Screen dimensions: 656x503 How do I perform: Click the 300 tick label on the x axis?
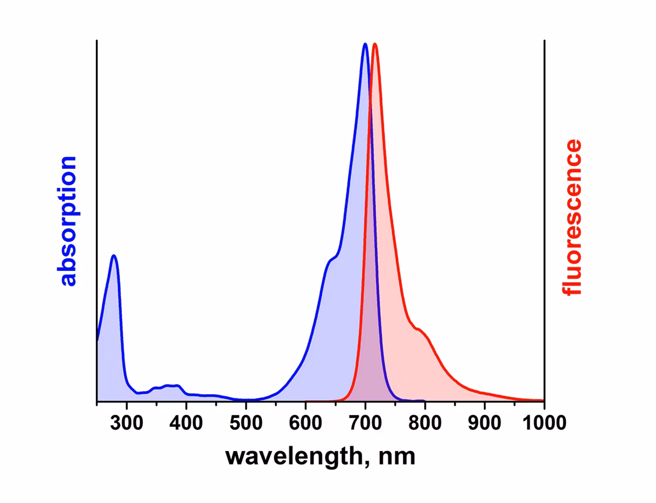point(127,422)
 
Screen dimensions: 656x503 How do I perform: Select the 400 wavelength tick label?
point(186,422)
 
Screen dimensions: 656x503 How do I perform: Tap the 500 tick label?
point(245,422)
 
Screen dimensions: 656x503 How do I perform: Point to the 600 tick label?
point(305,422)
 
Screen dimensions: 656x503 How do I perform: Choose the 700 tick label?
point(365,422)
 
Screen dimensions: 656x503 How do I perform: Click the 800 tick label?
point(425,422)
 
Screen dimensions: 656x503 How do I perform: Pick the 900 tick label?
point(484,422)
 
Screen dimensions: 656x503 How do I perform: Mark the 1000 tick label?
point(544,422)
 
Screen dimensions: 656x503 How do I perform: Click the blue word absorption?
point(67,221)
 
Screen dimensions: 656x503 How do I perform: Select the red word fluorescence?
point(571,217)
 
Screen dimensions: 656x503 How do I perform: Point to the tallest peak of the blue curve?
point(365,44)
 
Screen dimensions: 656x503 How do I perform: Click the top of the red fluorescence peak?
point(375,44)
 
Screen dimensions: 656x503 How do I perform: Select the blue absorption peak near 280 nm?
point(113,256)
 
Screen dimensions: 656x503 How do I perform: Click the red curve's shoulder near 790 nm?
point(418,329)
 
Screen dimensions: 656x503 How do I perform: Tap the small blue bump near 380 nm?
point(172,386)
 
